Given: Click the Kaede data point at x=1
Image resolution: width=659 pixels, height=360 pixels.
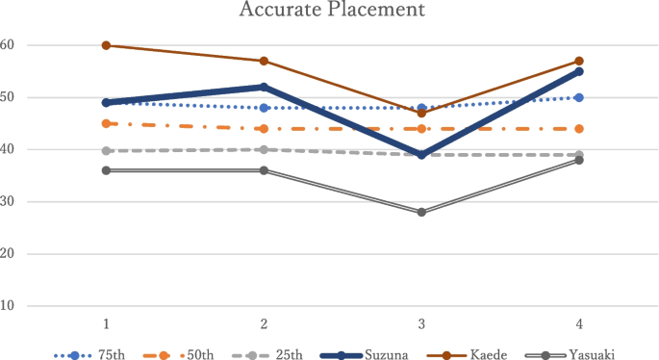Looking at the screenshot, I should pyautogui.click(x=106, y=45).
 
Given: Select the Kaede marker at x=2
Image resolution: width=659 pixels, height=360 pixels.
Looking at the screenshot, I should pyautogui.click(x=264, y=61).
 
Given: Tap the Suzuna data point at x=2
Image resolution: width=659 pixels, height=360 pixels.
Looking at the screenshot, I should pyautogui.click(x=264, y=87).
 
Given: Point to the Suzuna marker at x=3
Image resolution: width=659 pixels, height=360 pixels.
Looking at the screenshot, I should pyautogui.click(x=421, y=155).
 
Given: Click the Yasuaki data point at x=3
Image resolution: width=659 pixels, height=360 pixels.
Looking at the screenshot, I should pyautogui.click(x=421, y=212).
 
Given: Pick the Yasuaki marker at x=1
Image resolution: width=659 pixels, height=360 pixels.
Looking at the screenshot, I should pyautogui.click(x=106, y=170).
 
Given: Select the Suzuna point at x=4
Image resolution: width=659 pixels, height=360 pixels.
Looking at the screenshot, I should pyautogui.click(x=579, y=71).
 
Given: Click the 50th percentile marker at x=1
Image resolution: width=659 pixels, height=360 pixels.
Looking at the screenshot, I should pyautogui.click(x=106, y=123).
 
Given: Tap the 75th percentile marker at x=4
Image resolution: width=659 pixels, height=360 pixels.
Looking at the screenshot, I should pyautogui.click(x=579, y=97).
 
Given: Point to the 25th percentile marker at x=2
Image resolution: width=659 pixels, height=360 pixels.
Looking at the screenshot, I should pyautogui.click(x=264, y=149).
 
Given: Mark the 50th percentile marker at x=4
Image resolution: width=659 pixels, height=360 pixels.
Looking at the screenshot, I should pyautogui.click(x=579, y=129).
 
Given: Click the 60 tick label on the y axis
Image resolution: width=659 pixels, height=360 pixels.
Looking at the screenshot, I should pyautogui.click(x=8, y=45).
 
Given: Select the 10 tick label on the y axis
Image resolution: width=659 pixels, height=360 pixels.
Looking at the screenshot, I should pyautogui.click(x=8, y=306).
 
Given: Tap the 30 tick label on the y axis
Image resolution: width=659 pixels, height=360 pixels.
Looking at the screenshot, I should pyautogui.click(x=8, y=202).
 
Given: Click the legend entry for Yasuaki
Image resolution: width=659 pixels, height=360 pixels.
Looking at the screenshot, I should pyautogui.click(x=584, y=353).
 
